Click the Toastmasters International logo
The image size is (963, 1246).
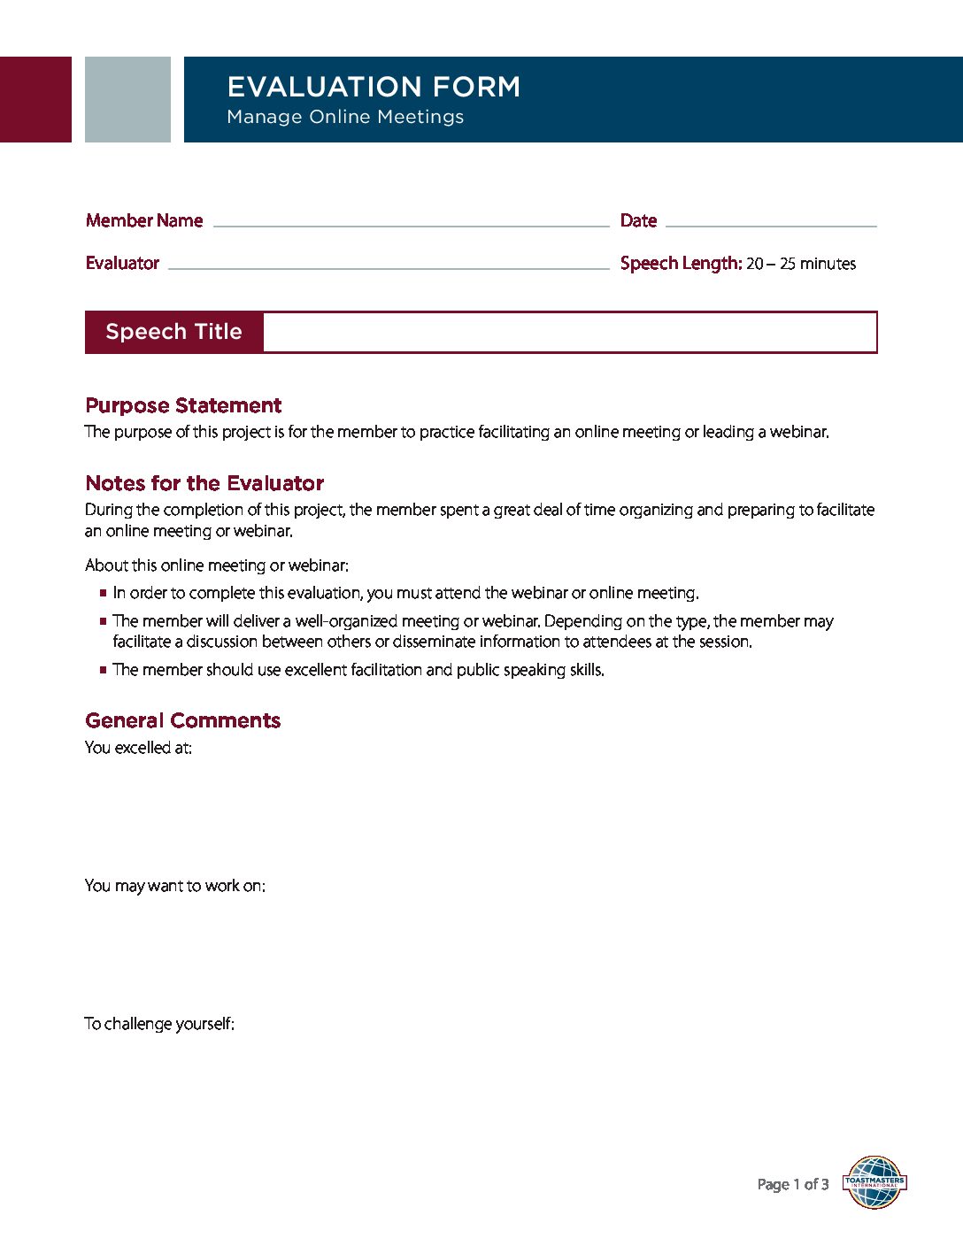tap(874, 1182)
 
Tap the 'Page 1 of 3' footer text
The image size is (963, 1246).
tap(793, 1184)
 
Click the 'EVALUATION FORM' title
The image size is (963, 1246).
tap(374, 87)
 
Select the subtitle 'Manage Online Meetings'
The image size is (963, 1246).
tap(345, 117)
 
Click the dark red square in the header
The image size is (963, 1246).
tap(35, 99)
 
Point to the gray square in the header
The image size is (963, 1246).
tap(127, 99)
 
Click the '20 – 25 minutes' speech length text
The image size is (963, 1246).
tap(800, 264)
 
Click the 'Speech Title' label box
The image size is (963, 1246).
tap(173, 332)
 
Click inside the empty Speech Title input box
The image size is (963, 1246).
tap(569, 332)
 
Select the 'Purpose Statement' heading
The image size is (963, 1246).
tap(183, 405)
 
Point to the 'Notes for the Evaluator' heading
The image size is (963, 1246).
tap(204, 483)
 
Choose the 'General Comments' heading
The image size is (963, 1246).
tap(182, 720)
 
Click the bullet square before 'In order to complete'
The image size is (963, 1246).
tap(104, 594)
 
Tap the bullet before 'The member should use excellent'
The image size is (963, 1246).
tap(104, 671)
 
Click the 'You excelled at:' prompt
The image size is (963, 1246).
tap(138, 748)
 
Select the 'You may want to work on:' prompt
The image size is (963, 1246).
tap(174, 886)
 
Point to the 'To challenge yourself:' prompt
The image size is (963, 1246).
tap(159, 1024)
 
